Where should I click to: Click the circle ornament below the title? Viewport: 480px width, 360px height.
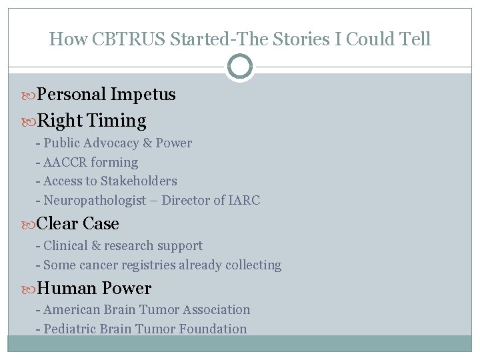click(x=240, y=67)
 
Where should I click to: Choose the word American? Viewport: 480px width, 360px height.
click(x=71, y=309)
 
